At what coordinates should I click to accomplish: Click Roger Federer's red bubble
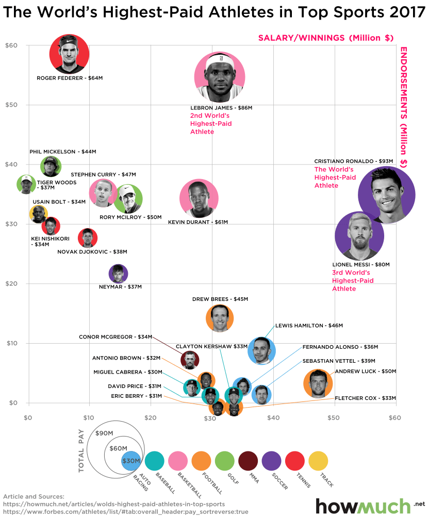point(70,53)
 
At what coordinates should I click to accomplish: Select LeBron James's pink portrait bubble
point(219,77)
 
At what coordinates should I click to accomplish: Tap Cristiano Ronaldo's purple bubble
point(387,195)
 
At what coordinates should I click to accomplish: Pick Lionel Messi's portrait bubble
point(359,236)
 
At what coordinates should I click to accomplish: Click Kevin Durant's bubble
point(199,199)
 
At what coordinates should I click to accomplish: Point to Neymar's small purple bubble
point(119,273)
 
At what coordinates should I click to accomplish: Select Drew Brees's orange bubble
point(219,318)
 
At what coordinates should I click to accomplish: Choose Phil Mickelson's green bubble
point(51,166)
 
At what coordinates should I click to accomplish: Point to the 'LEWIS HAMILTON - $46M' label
point(309,326)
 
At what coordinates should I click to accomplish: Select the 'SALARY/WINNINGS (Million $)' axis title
point(326,38)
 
